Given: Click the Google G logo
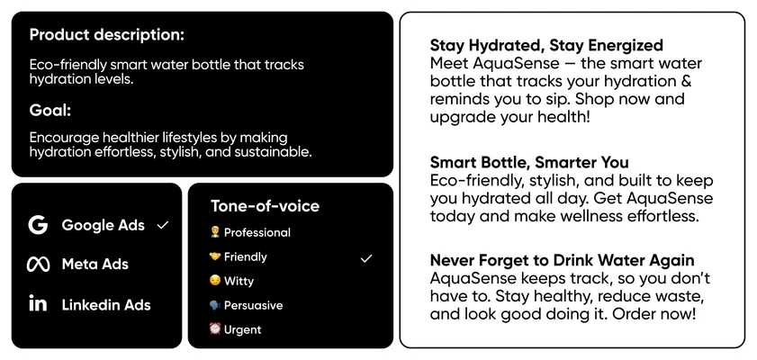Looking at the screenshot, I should (38, 225).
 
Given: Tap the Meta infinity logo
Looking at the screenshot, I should (38, 265).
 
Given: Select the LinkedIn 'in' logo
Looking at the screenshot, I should (38, 304).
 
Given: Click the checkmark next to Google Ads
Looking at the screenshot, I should (163, 225).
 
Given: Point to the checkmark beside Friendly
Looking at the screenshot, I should (365, 258).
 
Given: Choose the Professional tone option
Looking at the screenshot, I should (257, 232).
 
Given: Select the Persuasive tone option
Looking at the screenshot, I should (253, 305).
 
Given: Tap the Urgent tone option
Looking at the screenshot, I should (242, 329).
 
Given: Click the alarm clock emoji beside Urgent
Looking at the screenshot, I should (215, 328).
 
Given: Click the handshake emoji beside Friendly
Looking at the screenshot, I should (215, 256).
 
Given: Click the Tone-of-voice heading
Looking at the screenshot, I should (265, 206).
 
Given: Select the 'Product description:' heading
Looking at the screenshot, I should (106, 35).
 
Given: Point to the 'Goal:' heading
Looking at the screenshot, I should (50, 111).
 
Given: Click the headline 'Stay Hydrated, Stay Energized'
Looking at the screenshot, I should (546, 45).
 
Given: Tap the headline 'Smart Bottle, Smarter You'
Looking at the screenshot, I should (529, 163).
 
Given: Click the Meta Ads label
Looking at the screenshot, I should (95, 265).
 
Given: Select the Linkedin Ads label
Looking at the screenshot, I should (106, 305).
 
